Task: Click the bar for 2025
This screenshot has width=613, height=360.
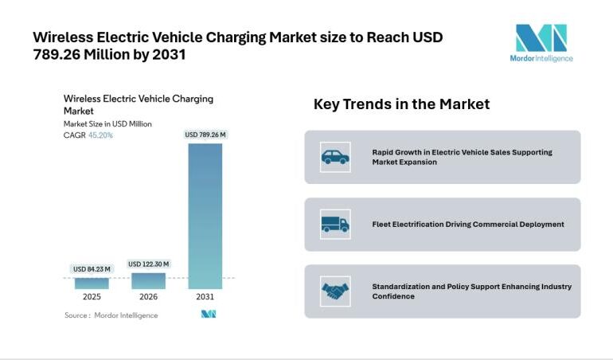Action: [92, 282]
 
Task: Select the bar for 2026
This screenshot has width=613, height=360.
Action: [149, 280]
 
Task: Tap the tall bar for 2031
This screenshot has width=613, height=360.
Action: [205, 215]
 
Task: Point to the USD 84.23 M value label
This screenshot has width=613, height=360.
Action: [92, 269]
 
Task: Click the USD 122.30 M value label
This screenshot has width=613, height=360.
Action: [149, 264]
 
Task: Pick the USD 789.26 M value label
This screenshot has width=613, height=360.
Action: [205, 135]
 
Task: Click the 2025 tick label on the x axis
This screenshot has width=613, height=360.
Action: [92, 296]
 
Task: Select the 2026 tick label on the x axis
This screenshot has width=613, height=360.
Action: [149, 296]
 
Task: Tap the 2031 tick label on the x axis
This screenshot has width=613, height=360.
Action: [205, 296]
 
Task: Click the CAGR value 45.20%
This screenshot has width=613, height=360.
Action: [100, 135]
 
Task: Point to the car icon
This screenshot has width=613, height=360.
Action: [335, 157]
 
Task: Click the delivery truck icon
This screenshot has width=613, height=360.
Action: [335, 224]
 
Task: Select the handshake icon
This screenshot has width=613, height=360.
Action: [335, 291]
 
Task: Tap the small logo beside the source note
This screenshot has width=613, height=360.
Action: [209, 315]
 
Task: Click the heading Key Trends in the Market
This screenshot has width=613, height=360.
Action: [401, 104]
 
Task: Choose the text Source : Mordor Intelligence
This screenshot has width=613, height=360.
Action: [111, 315]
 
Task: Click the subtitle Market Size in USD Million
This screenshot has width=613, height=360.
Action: [107, 124]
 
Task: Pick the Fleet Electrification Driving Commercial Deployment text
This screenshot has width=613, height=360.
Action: [468, 225]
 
